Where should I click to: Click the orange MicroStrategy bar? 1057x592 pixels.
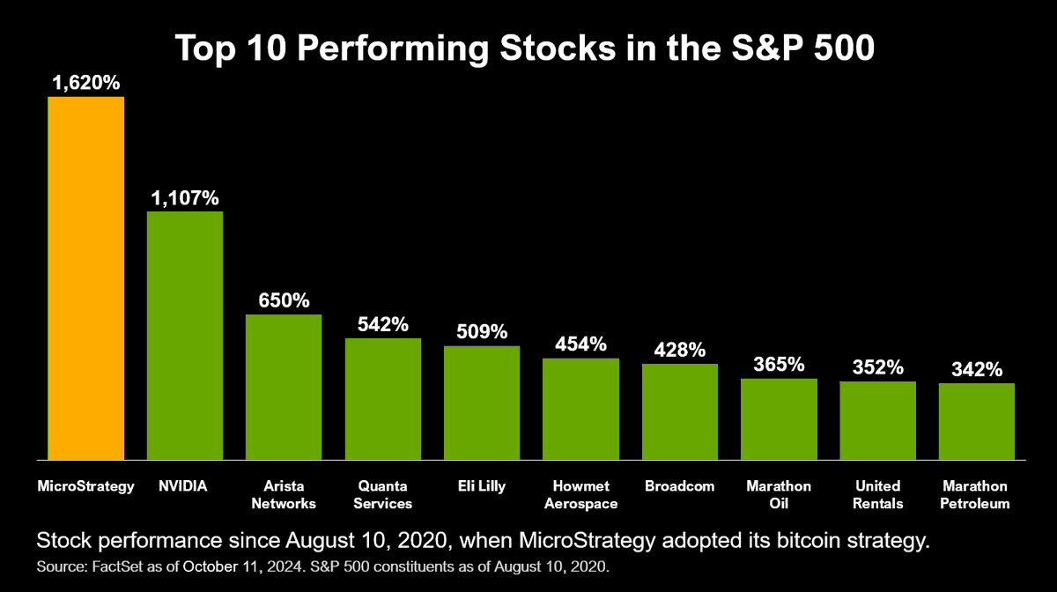coord(85,277)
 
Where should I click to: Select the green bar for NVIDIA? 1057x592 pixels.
coord(184,335)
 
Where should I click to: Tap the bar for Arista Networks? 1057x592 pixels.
coord(284,387)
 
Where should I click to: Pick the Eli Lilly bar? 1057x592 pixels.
coord(481,403)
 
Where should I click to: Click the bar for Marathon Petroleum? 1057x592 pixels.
coord(976,421)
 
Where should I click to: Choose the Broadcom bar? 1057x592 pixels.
coord(679,411)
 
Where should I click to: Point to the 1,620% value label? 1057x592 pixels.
coord(85,83)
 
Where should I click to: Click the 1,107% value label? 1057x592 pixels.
coord(184,198)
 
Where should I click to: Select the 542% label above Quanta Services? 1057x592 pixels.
coord(382,324)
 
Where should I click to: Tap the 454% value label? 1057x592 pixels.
coord(580,344)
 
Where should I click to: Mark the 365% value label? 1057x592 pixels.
coord(779,365)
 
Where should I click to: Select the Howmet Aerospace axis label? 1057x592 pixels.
coord(580,495)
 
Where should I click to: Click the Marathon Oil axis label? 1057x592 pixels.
coord(779,495)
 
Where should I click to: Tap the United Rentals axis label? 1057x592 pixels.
coord(877,495)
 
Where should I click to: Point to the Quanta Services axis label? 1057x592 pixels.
coord(382,495)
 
